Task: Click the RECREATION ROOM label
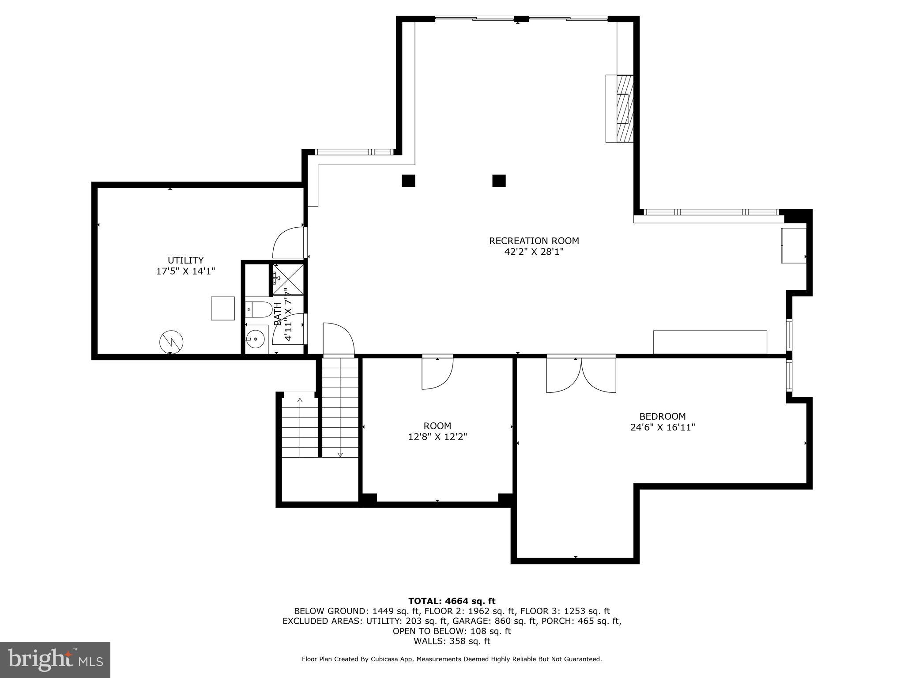534,241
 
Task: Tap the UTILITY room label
185,260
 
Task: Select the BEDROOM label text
662,416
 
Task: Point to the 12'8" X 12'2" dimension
437,437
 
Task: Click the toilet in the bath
259,309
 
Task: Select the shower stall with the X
288,279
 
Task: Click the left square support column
408,181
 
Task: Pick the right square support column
499,181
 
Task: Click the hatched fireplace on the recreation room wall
625,108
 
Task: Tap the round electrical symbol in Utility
171,342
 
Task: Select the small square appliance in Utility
222,308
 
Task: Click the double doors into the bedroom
581,374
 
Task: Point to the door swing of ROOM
437,373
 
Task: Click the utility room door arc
288,243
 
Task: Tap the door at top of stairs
339,339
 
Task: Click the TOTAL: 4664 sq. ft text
452,601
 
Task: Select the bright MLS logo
55,659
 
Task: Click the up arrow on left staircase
300,401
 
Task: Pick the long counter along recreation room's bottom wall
710,342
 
